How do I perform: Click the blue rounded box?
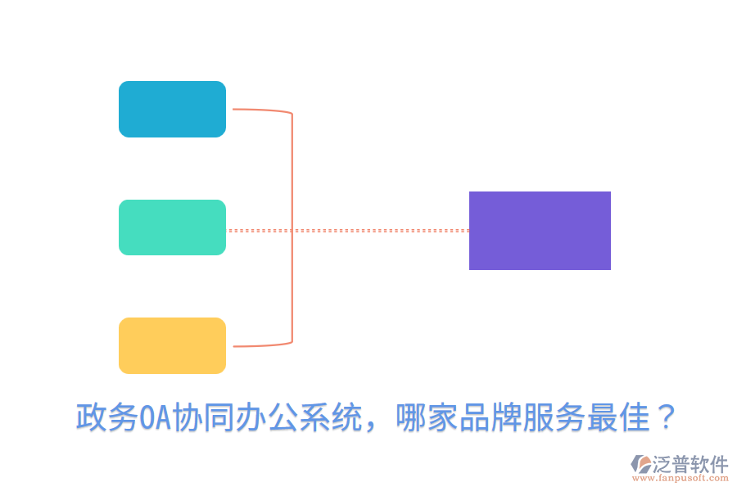(x=172, y=109)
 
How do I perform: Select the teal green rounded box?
(x=172, y=227)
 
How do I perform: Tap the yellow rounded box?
(x=172, y=345)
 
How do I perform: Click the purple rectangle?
(x=540, y=231)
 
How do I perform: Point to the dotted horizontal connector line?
(x=377, y=231)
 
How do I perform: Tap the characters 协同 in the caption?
(x=201, y=418)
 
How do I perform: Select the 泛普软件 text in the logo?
(x=690, y=464)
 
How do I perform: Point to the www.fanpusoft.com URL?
(x=683, y=479)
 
